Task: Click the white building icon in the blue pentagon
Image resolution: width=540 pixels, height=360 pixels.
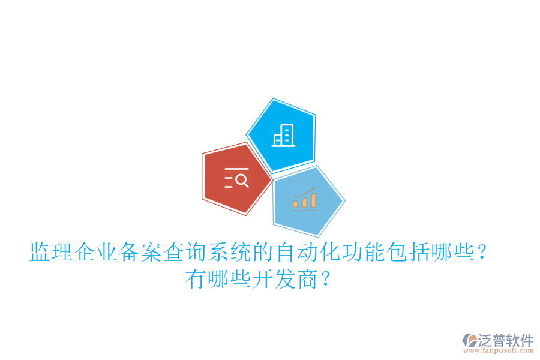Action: tap(284, 136)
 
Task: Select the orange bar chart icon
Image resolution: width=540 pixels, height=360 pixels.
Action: tap(304, 199)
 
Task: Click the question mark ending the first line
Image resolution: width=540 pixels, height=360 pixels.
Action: tap(480, 253)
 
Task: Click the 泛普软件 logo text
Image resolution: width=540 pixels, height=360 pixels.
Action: tap(506, 340)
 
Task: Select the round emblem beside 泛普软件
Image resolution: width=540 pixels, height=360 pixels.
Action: tap(469, 340)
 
